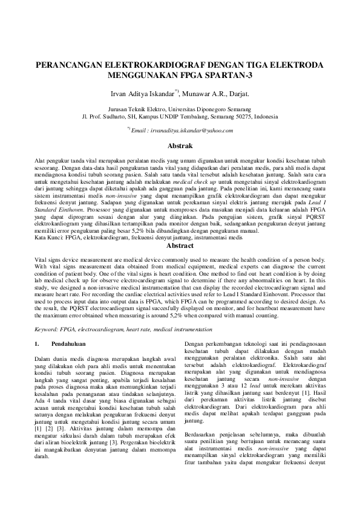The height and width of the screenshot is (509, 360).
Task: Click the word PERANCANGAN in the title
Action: point(66,65)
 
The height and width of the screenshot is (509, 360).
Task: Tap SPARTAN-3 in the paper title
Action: point(228,76)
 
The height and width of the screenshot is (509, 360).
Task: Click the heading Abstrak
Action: point(180,146)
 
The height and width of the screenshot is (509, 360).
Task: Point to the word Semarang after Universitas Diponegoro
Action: point(243,108)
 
